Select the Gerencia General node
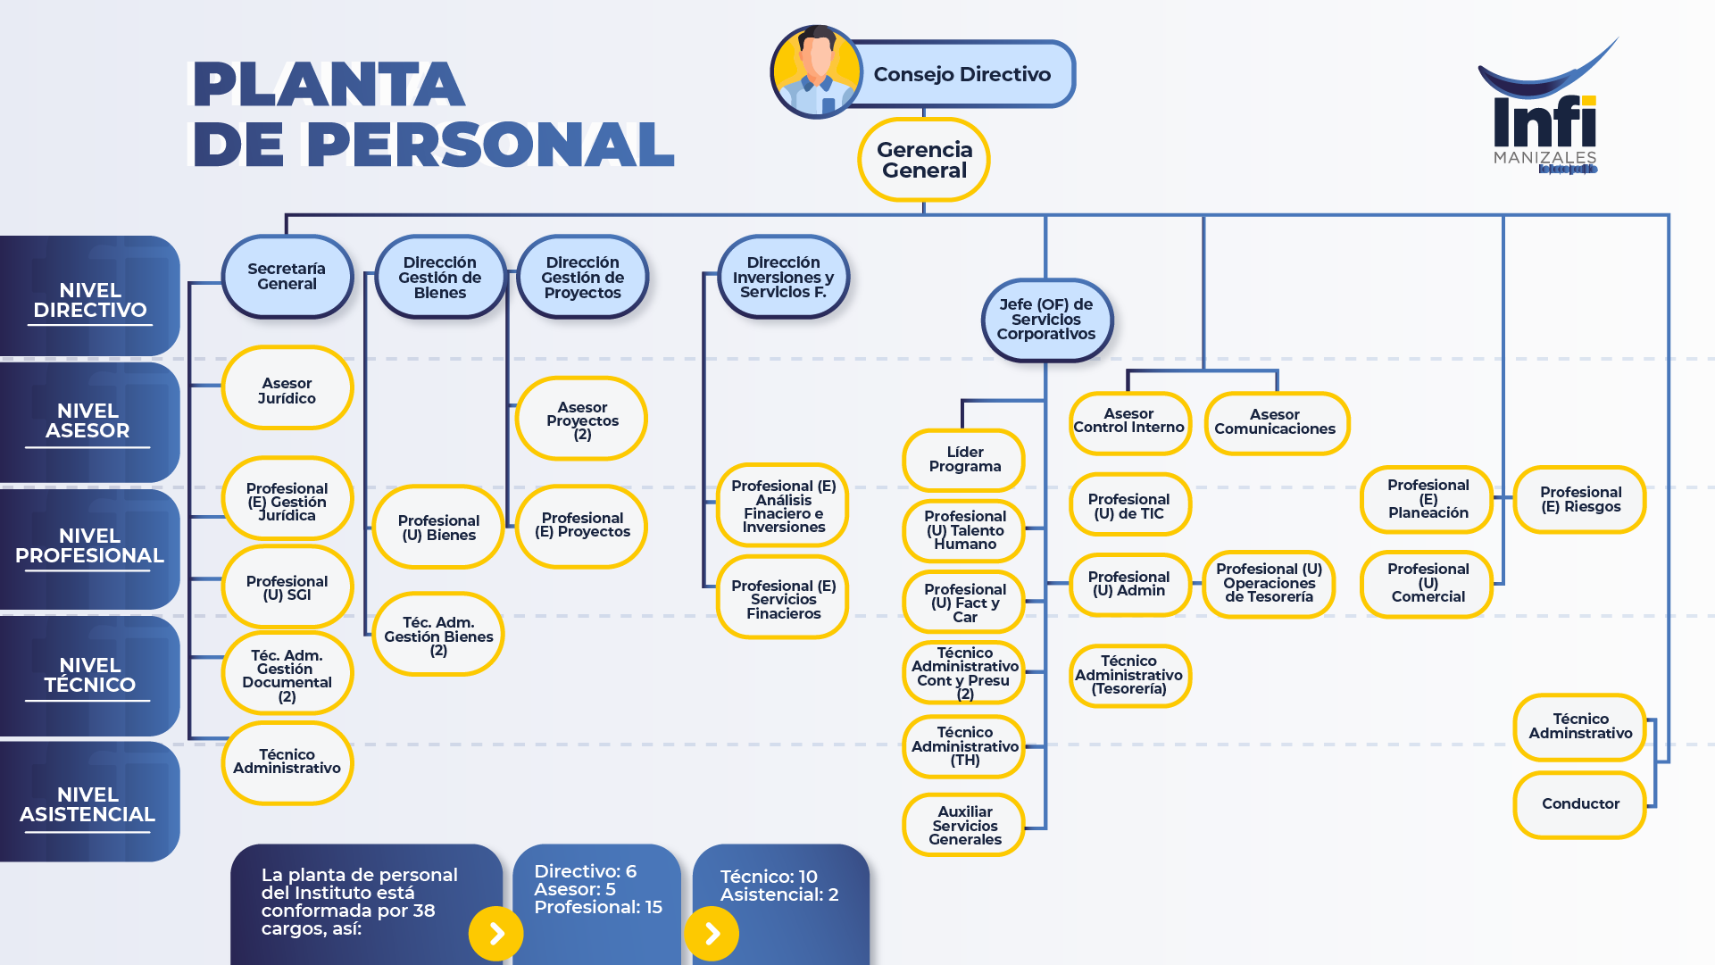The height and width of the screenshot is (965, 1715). coord(924,160)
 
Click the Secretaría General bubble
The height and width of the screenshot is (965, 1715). coord(287,277)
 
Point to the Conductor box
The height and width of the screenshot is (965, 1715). coord(1580,804)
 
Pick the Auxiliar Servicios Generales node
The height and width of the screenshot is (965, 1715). coord(964,825)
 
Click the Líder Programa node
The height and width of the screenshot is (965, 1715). coord(964,460)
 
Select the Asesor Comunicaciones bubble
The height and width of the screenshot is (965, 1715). coord(1276,422)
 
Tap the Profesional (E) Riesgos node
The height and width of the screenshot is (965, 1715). coord(1580,500)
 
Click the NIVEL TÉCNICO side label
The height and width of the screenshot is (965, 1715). coord(89,676)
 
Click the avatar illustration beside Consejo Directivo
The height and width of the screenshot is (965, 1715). coord(816,72)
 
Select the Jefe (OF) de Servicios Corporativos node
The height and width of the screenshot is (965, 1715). coord(1046,320)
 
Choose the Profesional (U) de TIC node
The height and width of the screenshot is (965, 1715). coord(1129,505)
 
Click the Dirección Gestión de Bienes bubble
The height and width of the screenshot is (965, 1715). coord(440,278)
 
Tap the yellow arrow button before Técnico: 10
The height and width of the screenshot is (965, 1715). coord(712,934)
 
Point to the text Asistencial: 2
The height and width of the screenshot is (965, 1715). coord(779,895)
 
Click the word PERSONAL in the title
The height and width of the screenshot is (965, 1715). coord(490,144)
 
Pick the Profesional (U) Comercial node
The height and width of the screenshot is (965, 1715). coord(1428,584)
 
